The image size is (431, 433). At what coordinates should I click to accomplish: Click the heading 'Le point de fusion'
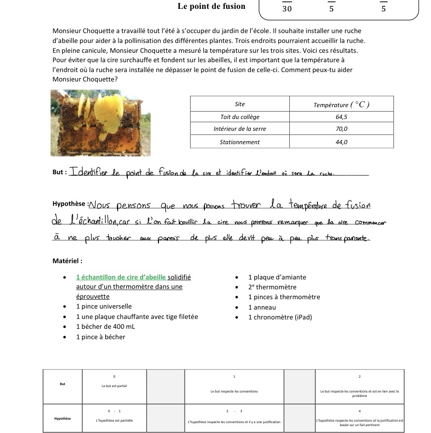click(x=211, y=6)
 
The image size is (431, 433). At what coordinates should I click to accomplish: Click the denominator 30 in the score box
click(x=287, y=9)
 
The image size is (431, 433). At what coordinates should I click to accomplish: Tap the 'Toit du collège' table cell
click(x=240, y=117)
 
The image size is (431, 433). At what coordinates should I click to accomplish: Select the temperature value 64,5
click(x=341, y=117)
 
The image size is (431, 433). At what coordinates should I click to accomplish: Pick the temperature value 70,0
click(x=341, y=129)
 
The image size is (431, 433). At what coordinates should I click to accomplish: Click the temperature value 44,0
click(x=341, y=142)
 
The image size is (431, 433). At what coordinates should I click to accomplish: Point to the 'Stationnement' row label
click(x=240, y=142)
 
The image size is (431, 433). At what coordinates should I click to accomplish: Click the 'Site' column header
click(x=240, y=104)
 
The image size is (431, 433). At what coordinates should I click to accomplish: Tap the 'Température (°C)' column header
click(x=341, y=104)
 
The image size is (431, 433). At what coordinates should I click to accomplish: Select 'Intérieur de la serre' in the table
click(x=240, y=129)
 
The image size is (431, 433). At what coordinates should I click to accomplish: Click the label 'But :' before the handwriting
click(x=59, y=172)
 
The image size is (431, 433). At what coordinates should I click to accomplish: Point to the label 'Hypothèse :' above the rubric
click(x=70, y=204)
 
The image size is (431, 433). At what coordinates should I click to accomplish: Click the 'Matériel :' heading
click(x=67, y=261)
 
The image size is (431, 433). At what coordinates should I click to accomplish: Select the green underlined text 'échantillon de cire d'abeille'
click(x=124, y=277)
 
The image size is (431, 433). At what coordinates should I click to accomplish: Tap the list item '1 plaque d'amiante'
click(x=277, y=277)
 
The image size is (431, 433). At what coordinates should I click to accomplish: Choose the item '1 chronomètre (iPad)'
click(x=280, y=317)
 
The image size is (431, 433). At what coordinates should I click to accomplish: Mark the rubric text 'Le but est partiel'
click(x=114, y=386)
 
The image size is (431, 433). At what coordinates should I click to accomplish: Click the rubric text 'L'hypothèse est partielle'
click(x=114, y=421)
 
